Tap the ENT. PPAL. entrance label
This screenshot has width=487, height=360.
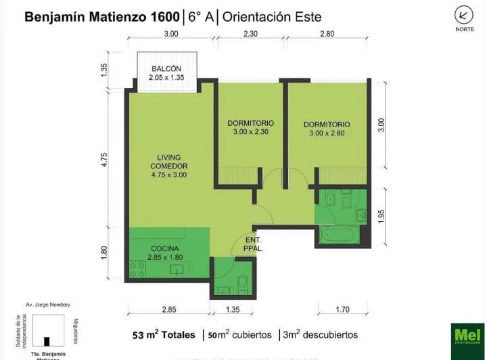click(254, 244)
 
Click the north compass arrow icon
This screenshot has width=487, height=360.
click(463, 14)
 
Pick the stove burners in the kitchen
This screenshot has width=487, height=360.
click(137, 269)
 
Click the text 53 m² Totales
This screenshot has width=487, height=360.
click(164, 335)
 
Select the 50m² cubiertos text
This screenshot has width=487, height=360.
click(240, 335)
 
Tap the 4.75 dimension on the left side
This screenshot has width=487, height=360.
click(104, 160)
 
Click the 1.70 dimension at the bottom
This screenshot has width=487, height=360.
click(343, 310)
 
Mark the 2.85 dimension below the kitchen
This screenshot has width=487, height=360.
click(170, 310)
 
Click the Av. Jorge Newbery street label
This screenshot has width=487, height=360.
click(47, 305)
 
